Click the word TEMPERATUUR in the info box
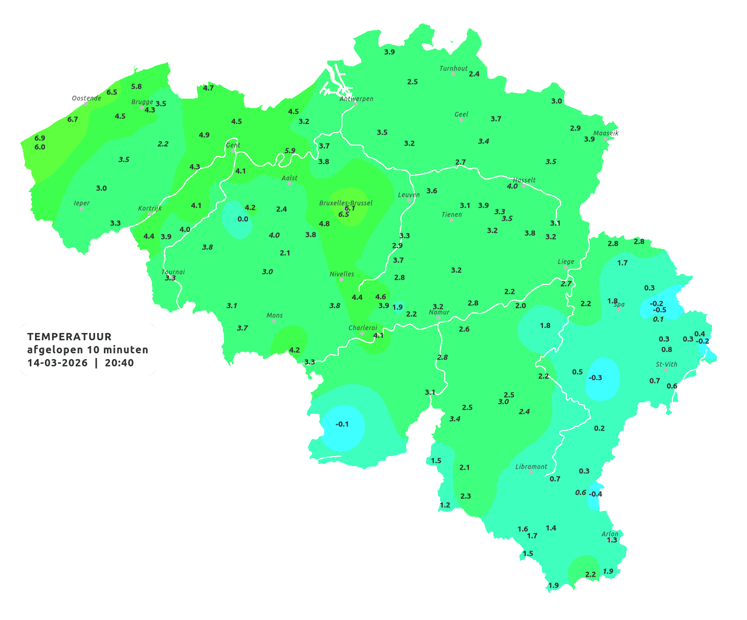pos(69,337)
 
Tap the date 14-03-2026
pos(57,363)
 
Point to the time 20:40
pos(119,363)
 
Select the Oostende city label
pos(86,98)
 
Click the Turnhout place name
pos(454,68)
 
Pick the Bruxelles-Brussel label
pos(346,202)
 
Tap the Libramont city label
pos(531,467)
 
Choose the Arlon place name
pos(610,534)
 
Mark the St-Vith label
pos(666,364)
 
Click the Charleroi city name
pos(362,328)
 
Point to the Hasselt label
pos(524,180)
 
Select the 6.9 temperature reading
pos(40,138)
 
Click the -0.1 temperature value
pos(342,424)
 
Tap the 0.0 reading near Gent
pos(243,219)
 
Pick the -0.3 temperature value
pos(595,378)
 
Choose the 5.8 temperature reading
pos(136,87)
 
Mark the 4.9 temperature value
pos(204,135)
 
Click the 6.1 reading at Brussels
pos(350,208)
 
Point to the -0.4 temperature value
pos(595,494)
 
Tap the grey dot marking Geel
pos(461,120)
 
